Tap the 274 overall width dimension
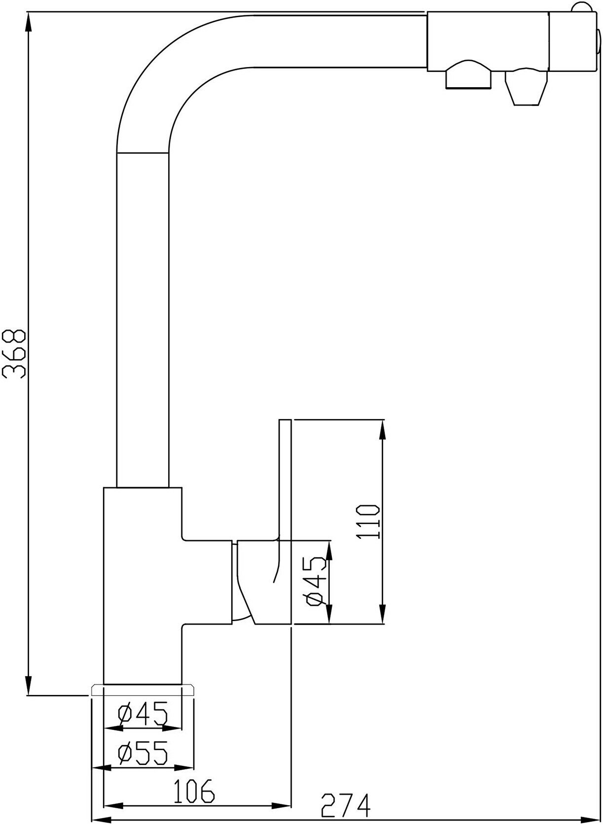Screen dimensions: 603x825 (345, 804)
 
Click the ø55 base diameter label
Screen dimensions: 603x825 (142, 752)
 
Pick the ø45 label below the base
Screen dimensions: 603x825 (142, 713)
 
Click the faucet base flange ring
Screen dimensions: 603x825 (143, 690)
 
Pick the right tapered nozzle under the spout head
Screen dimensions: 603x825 (525, 89)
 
